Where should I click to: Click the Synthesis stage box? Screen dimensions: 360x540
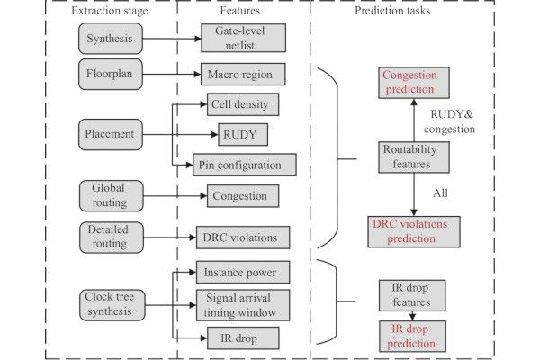[x=110, y=39]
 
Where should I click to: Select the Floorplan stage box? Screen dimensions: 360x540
[x=110, y=73]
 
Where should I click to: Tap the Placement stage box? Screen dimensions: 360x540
[x=112, y=134]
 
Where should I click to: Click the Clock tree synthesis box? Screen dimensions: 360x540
[x=112, y=302]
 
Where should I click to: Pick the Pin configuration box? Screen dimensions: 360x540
[x=244, y=165]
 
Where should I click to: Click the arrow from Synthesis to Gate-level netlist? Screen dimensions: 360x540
[x=170, y=39]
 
